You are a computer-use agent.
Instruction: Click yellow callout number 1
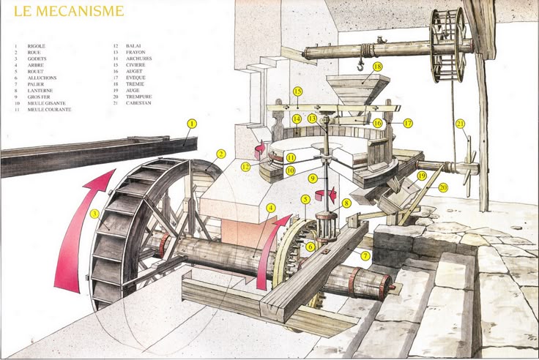tap(191, 124)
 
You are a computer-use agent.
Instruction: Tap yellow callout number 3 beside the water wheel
tap(94, 214)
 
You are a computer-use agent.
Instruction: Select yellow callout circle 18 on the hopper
tap(378, 66)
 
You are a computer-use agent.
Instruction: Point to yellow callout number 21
tap(460, 124)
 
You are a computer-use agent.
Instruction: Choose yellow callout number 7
tap(365, 255)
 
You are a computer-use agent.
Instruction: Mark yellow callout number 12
tap(246, 168)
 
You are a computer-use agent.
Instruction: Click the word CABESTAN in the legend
tap(141, 103)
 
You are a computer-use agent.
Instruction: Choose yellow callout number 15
tap(297, 91)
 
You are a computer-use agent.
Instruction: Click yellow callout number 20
tap(443, 187)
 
